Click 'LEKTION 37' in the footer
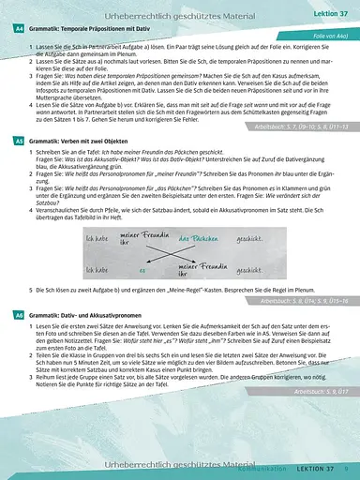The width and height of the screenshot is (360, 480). point(305,469)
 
